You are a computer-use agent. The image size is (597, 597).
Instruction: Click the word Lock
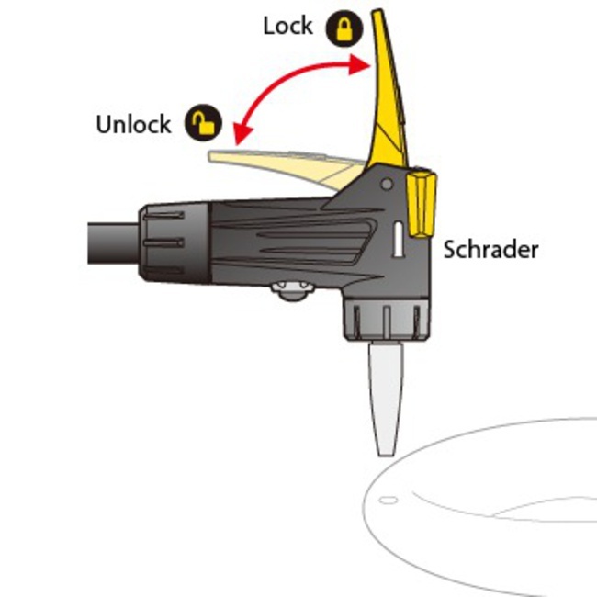[x=287, y=27]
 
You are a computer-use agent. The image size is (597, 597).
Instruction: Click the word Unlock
[x=134, y=124]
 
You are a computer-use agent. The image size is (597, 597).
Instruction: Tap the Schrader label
[x=490, y=250]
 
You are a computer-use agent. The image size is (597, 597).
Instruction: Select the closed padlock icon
[x=344, y=28]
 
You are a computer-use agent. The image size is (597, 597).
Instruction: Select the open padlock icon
[x=203, y=122]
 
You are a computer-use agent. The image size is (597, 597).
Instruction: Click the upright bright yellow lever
[x=388, y=90]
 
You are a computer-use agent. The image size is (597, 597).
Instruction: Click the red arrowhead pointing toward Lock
[x=361, y=64]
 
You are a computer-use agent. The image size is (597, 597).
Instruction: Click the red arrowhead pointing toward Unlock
[x=242, y=133]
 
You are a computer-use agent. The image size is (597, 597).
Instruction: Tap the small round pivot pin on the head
[x=387, y=185]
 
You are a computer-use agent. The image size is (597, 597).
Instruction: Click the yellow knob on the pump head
[x=422, y=205]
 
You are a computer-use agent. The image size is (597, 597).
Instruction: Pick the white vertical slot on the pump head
[x=398, y=240]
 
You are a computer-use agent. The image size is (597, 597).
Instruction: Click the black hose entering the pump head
[x=113, y=243]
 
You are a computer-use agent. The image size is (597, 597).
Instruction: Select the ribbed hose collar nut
[x=175, y=242]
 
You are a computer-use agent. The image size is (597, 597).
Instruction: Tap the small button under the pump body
[x=293, y=291]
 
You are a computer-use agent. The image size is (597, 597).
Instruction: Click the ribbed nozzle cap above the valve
[x=387, y=319]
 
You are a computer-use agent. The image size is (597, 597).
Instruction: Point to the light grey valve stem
[x=386, y=399]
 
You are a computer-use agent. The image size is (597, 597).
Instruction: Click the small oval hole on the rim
[x=388, y=500]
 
